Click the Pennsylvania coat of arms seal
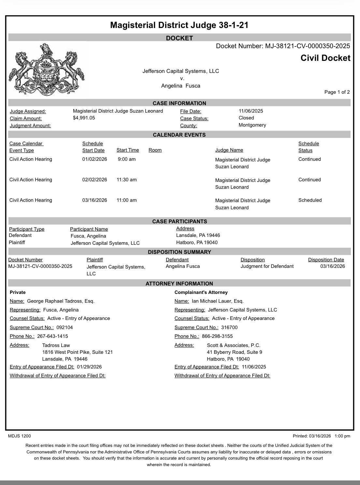coord(46,69)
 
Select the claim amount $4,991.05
coord(84,118)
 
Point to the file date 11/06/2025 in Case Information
coord(251,111)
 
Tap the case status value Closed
coord(246,118)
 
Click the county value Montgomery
coord(252,125)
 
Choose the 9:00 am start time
coord(127,159)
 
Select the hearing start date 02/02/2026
coord(94,180)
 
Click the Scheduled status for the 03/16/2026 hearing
coord(310,200)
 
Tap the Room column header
coord(155,150)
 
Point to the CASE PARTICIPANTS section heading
coord(180,221)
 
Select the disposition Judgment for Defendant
coord(267,266)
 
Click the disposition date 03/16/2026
coord(332,266)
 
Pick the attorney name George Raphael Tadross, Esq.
coord(61,301)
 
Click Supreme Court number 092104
coord(65,327)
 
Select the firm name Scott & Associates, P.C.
coord(234,345)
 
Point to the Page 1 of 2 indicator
coord(337,92)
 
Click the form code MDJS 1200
coord(19,436)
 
